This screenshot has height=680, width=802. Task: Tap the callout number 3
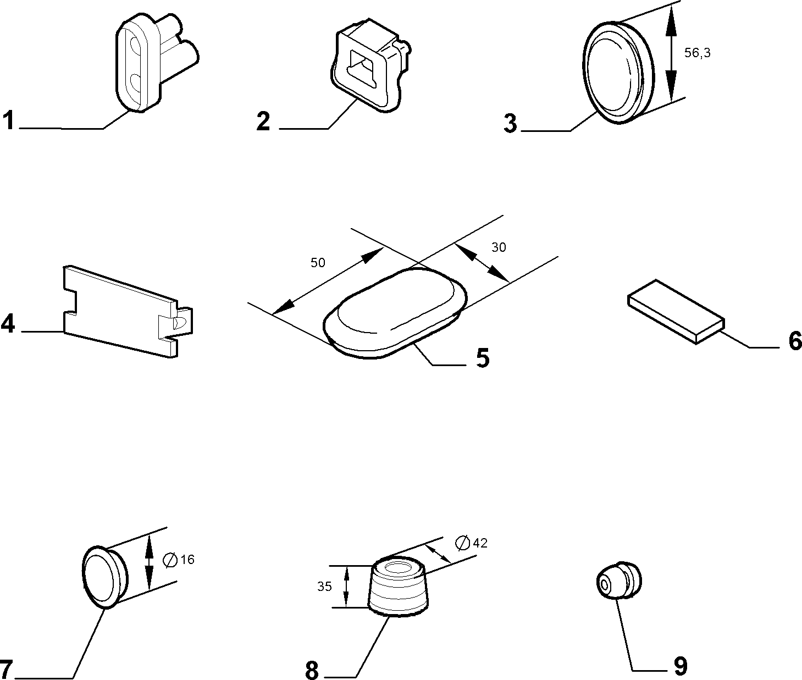coord(511,123)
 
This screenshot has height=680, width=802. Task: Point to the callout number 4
coord(8,324)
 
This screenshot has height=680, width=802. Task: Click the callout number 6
coord(795,341)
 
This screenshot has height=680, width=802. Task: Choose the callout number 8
coord(312,670)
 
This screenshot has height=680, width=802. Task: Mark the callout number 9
coord(681,666)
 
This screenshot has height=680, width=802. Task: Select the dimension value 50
coord(318,263)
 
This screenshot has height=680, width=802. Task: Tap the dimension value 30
coord(499,247)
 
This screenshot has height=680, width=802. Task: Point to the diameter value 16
coord(187,559)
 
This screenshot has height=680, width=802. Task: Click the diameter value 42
coord(480,543)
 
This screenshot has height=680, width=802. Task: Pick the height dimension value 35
coord(324,586)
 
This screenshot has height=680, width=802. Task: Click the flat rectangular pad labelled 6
coord(676,311)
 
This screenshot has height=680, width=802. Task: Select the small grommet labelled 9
coord(619,580)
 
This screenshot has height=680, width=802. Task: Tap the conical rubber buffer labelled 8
coord(398,585)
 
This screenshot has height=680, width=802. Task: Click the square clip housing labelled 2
coord(370,65)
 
